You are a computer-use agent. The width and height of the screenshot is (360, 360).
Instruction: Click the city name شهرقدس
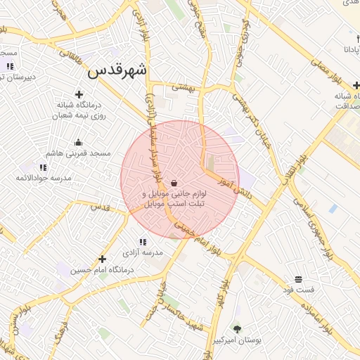coord(117,71)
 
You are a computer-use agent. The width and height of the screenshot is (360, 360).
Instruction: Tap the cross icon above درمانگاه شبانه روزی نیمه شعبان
coord(78,94)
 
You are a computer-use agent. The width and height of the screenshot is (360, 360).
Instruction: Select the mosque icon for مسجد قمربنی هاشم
coord(78,141)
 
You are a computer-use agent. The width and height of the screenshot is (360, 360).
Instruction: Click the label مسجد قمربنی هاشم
coord(78,153)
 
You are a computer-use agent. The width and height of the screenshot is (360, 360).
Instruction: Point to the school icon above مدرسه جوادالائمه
coord(44,167)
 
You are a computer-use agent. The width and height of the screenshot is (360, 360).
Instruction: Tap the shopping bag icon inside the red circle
coord(174,183)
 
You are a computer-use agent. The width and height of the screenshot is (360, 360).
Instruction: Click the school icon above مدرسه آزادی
coord(143,242)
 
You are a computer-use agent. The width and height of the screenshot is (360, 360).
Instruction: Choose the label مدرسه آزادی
coord(143,252)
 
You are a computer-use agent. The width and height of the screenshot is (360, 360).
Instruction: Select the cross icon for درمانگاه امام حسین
coord(103,259)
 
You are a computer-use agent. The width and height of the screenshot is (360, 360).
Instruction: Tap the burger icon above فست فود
coord(298,279)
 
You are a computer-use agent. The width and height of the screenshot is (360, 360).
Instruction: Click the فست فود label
coord(298,290)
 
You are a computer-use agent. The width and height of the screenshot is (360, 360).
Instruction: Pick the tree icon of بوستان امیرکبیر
coord(236,328)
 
